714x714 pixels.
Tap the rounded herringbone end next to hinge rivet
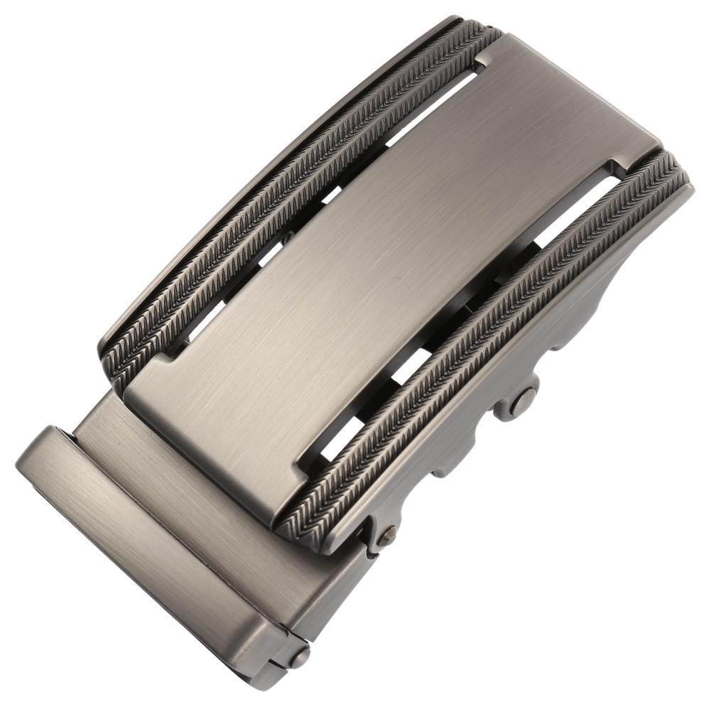coord(298,529)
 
